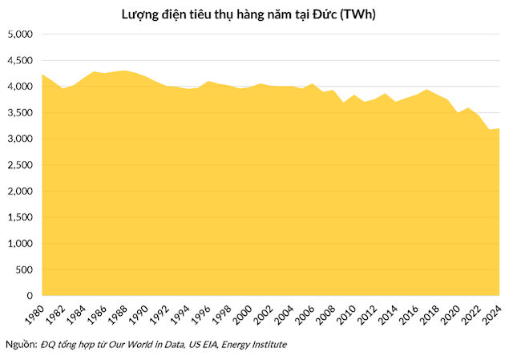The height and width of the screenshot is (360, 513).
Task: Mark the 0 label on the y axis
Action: click(29, 296)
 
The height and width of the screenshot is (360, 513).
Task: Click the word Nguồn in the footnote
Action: click(21, 345)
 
